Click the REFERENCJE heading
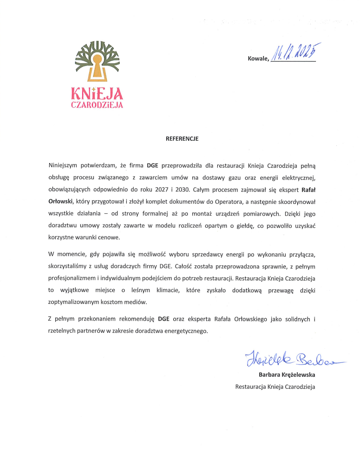pos(182,138)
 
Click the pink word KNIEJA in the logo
pos(97,94)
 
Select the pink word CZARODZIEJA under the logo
pos(97,105)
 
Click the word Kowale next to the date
pos(258,59)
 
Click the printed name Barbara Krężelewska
pos(287,374)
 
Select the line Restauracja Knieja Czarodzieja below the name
pos(275,386)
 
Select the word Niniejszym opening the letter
pos(66,165)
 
